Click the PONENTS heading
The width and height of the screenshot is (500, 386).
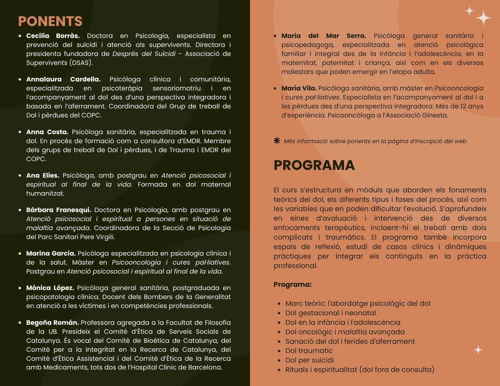pos(50,21)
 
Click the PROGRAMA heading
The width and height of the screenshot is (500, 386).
pos(314,165)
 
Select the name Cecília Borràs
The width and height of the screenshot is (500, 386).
pos(53,36)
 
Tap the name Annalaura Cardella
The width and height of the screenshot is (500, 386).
pos(63,79)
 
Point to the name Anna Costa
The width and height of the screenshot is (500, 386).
pos(47,132)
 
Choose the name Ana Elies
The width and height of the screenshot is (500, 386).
pos(43,176)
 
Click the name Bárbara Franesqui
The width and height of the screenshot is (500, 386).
pos(59,210)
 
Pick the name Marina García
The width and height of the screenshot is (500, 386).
pos(51,254)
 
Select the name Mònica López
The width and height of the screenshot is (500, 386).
pos(50,288)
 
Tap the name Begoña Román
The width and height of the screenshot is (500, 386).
pos(52,323)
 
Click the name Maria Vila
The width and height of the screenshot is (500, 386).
pos(299,88)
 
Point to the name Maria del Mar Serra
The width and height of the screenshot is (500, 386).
pos(323,36)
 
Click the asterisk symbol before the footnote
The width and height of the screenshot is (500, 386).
pos(277,141)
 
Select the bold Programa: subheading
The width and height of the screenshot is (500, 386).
pos(292,284)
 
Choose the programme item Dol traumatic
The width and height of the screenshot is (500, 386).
pos(309,351)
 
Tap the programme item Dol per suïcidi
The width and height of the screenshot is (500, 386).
pos(309,360)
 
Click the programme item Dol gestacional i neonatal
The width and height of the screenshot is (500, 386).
pos(330,313)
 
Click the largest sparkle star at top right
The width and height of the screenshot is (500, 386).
pos(483,18)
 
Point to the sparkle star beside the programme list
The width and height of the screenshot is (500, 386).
pos(478,350)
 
